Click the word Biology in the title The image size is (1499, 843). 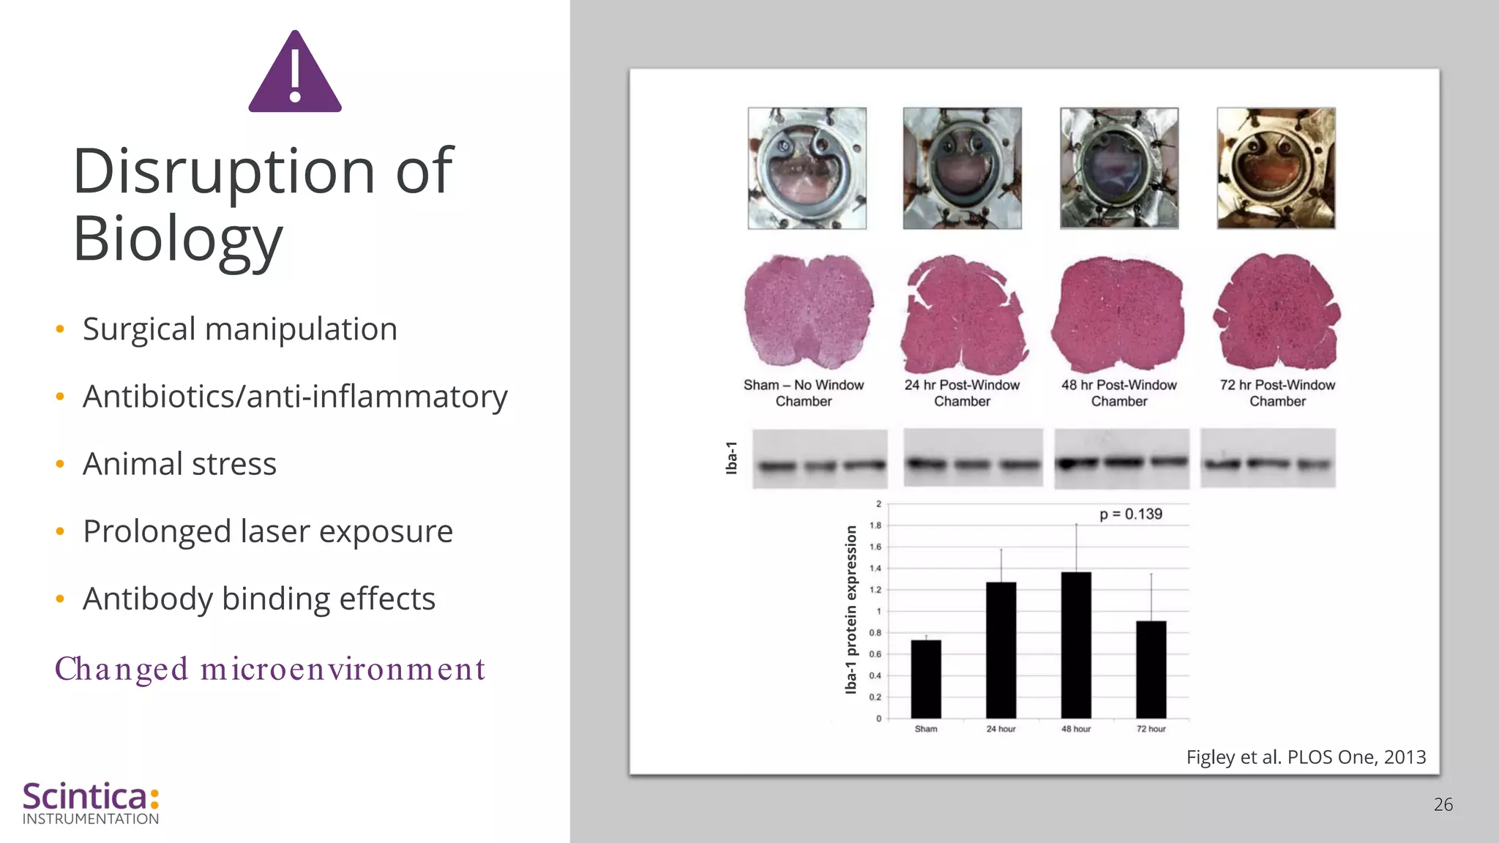tap(177, 239)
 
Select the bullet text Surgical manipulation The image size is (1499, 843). tap(239, 329)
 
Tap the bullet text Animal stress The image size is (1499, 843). tap(179, 464)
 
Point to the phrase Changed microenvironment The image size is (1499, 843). tap(270, 669)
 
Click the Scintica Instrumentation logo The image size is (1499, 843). tap(91, 803)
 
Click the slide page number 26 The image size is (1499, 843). tap(1443, 804)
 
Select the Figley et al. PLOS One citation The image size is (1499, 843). tap(1305, 757)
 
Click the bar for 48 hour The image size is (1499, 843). tap(1076, 644)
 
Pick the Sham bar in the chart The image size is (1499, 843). tap(926, 679)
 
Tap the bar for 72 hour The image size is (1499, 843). tap(1151, 669)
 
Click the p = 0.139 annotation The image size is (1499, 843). tap(1130, 514)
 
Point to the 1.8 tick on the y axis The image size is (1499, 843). tap(875, 525)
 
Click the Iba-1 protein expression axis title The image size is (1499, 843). tap(851, 610)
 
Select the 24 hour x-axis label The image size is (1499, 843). tap(1001, 729)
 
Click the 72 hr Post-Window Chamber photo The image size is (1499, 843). tap(1276, 168)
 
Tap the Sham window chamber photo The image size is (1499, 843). tap(807, 168)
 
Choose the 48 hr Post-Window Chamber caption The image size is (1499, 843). tap(1118, 393)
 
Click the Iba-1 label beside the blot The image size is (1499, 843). tap(731, 458)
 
